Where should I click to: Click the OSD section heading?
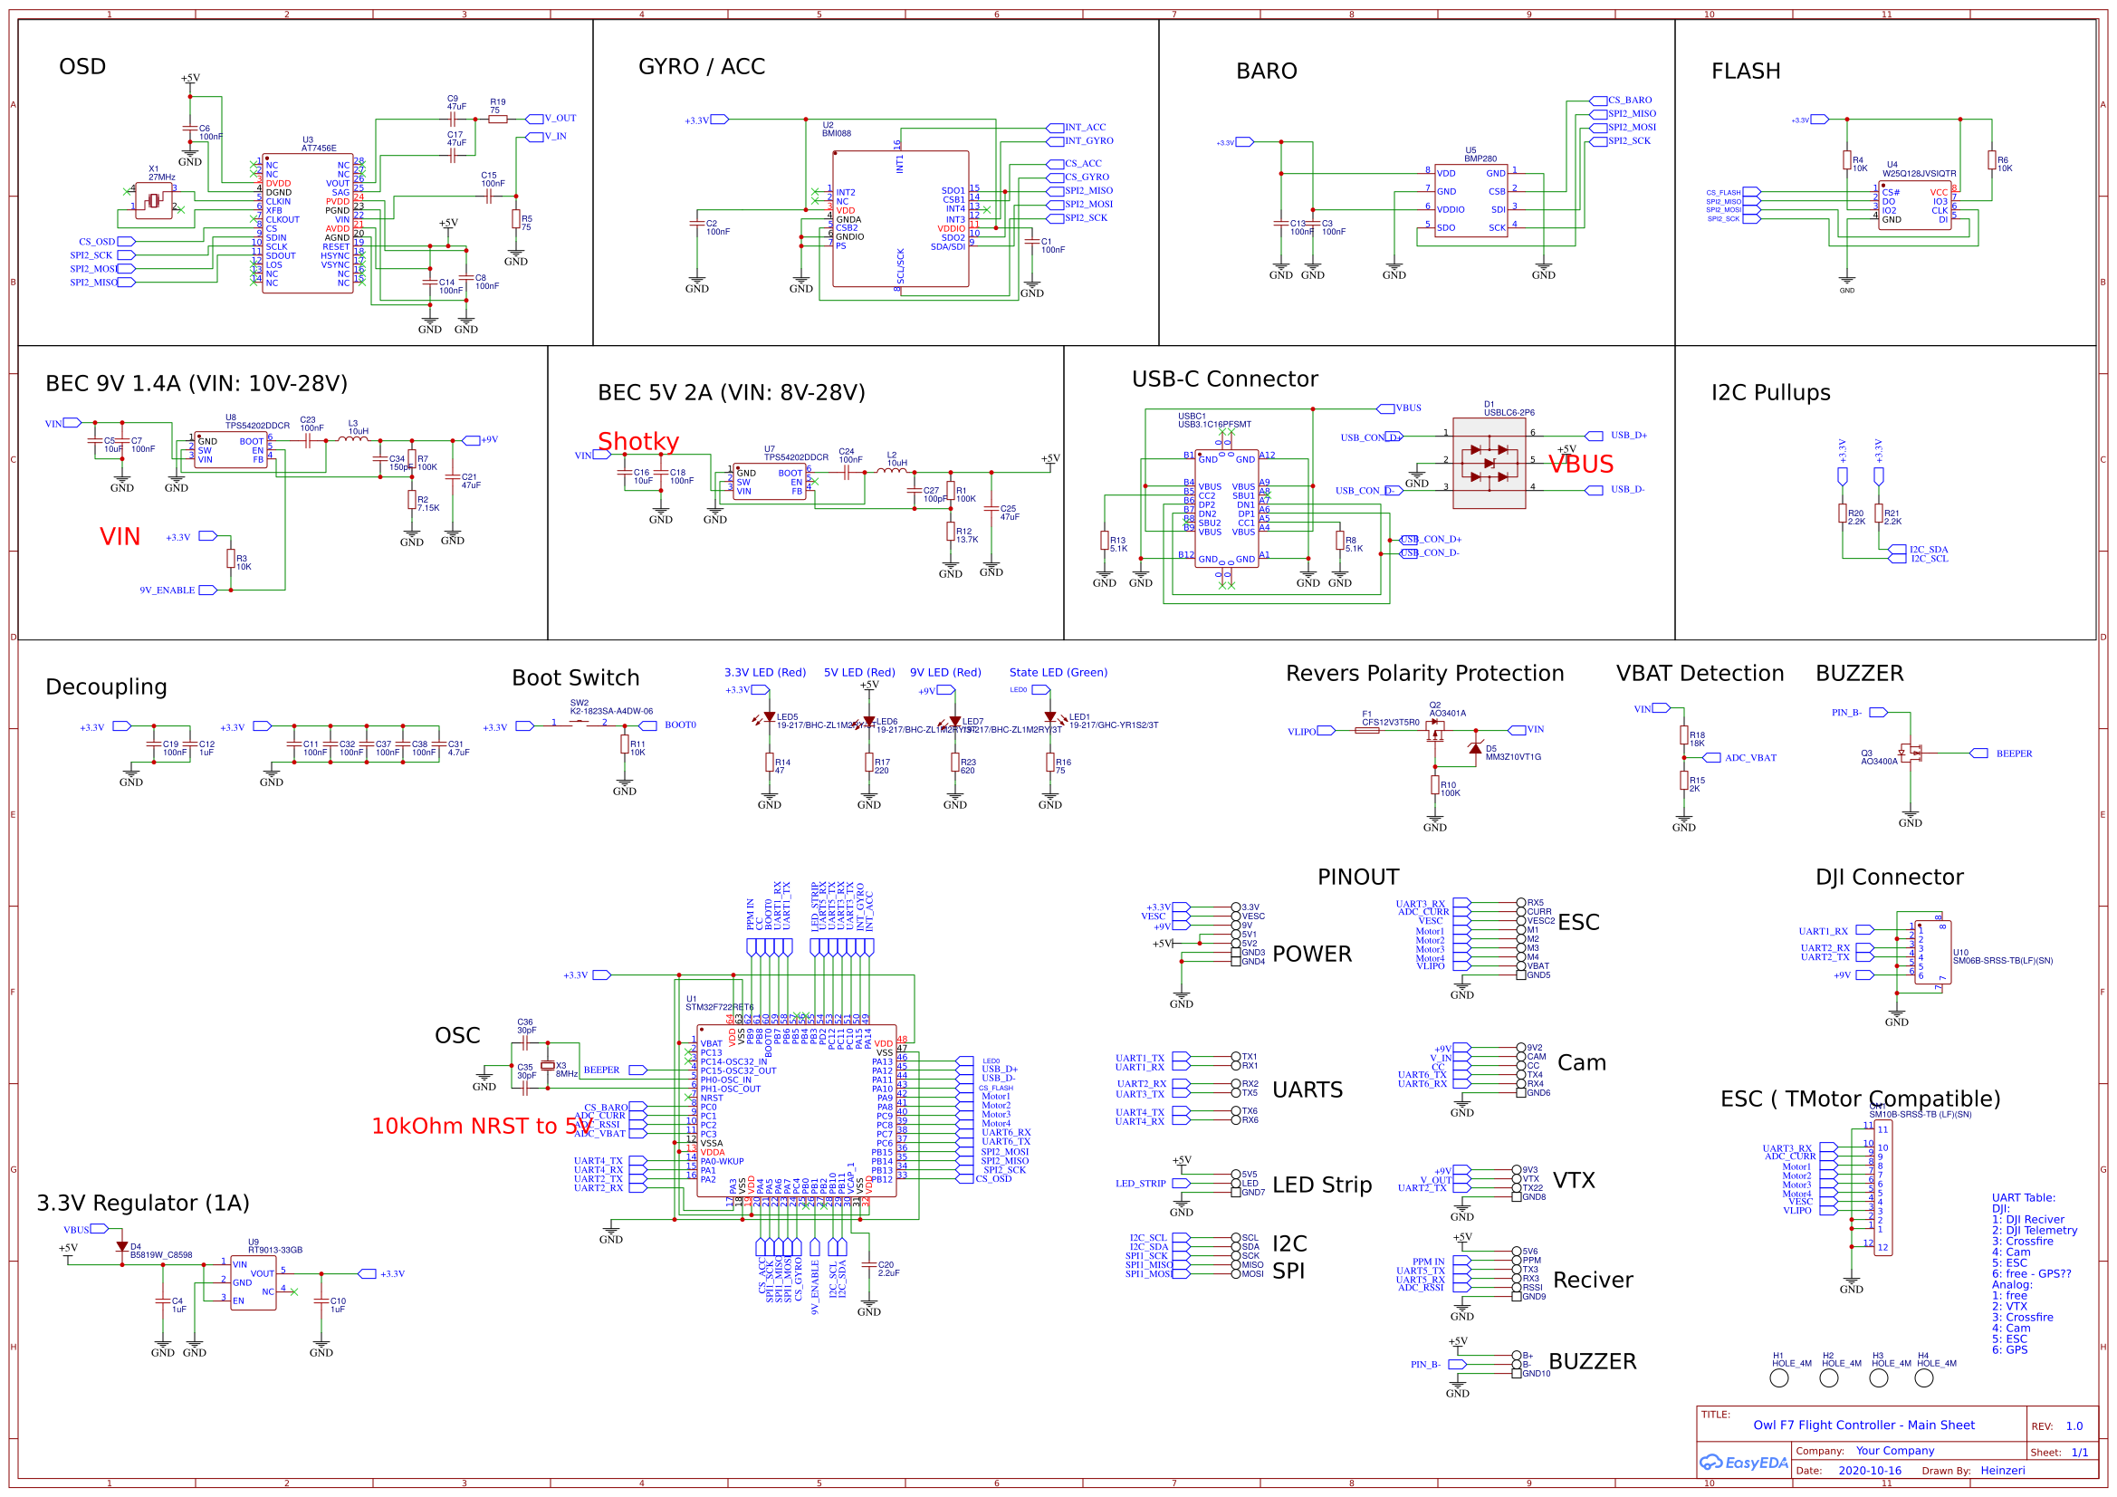click(x=82, y=66)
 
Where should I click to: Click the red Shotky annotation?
click(x=638, y=442)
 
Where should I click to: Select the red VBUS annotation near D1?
click(x=1580, y=465)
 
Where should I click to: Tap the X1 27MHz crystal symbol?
click(x=153, y=200)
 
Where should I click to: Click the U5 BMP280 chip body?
click(x=1470, y=200)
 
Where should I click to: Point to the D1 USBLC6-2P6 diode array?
click(x=1489, y=463)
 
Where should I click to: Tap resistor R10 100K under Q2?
click(x=1434, y=785)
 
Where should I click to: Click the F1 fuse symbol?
click(x=1366, y=731)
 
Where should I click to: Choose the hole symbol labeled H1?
click(x=1779, y=1378)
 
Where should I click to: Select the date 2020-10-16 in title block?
click(x=1870, y=1471)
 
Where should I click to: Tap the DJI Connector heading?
click(x=1888, y=878)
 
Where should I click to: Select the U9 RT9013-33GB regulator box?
click(x=253, y=1282)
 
